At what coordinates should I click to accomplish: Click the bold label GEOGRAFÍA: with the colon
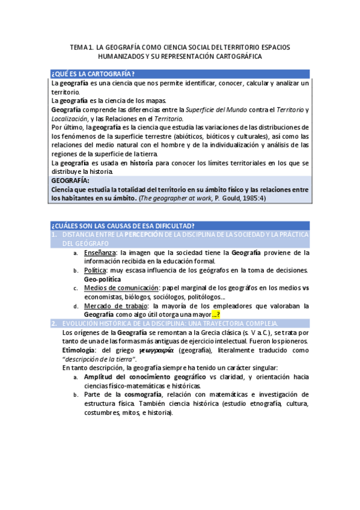(x=70, y=180)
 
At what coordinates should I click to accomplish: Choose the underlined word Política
(x=96, y=271)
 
